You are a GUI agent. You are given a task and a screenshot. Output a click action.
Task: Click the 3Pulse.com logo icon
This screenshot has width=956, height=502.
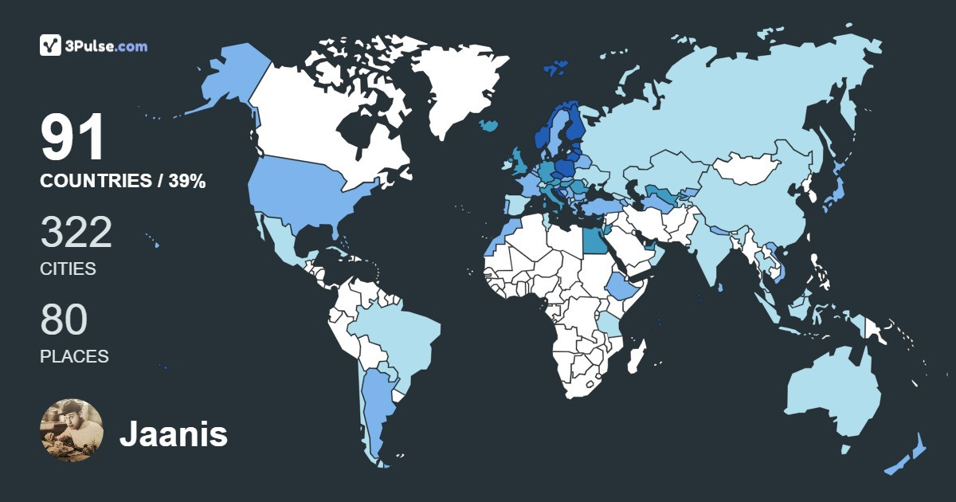51,45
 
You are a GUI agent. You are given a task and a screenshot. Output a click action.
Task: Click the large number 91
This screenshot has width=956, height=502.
72,138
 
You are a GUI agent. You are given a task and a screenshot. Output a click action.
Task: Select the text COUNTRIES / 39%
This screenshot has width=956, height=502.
123,182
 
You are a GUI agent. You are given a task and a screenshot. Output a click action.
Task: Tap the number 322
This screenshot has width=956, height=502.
76,233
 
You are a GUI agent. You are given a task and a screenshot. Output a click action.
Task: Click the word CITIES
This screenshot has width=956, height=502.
68,269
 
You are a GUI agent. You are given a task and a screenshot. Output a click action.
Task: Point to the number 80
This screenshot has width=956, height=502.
64,320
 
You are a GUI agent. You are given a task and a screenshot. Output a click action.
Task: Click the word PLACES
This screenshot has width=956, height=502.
74,357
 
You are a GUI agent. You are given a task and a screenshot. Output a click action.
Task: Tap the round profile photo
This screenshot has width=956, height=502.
72,430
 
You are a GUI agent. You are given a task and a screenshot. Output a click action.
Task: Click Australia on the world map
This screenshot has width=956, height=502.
833,394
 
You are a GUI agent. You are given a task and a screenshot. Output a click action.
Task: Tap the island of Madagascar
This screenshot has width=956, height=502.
637,355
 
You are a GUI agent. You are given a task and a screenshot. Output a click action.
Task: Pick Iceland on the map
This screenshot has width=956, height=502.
490,125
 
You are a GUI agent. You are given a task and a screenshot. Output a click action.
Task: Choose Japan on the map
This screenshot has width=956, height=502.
833,191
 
